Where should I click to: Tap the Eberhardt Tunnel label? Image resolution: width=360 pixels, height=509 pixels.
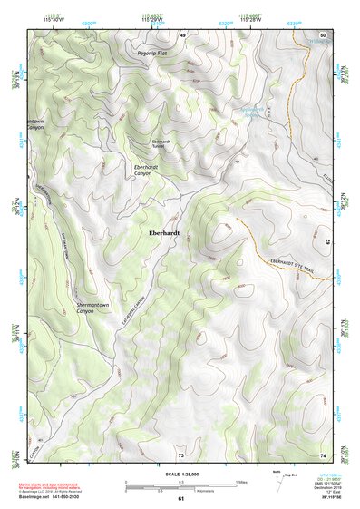(x=161, y=143)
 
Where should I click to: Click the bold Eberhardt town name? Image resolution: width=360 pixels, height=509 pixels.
(x=164, y=233)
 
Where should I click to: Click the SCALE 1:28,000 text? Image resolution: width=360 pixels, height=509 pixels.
(x=180, y=475)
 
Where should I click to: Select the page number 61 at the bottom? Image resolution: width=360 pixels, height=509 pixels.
(x=180, y=499)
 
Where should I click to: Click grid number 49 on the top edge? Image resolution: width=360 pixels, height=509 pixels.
(x=181, y=34)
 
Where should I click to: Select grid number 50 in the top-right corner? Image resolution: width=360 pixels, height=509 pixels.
(x=322, y=34)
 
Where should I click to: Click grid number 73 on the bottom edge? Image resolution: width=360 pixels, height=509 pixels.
(x=181, y=454)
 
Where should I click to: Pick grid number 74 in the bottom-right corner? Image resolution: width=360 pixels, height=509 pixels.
(x=322, y=454)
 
